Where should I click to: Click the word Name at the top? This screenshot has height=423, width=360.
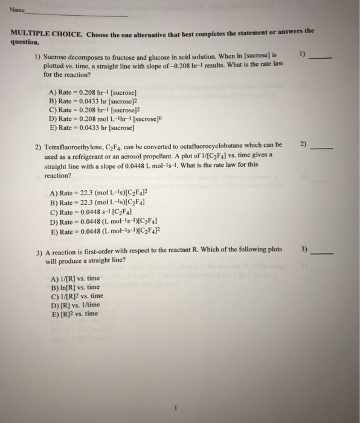pyautogui.click(x=15, y=10)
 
